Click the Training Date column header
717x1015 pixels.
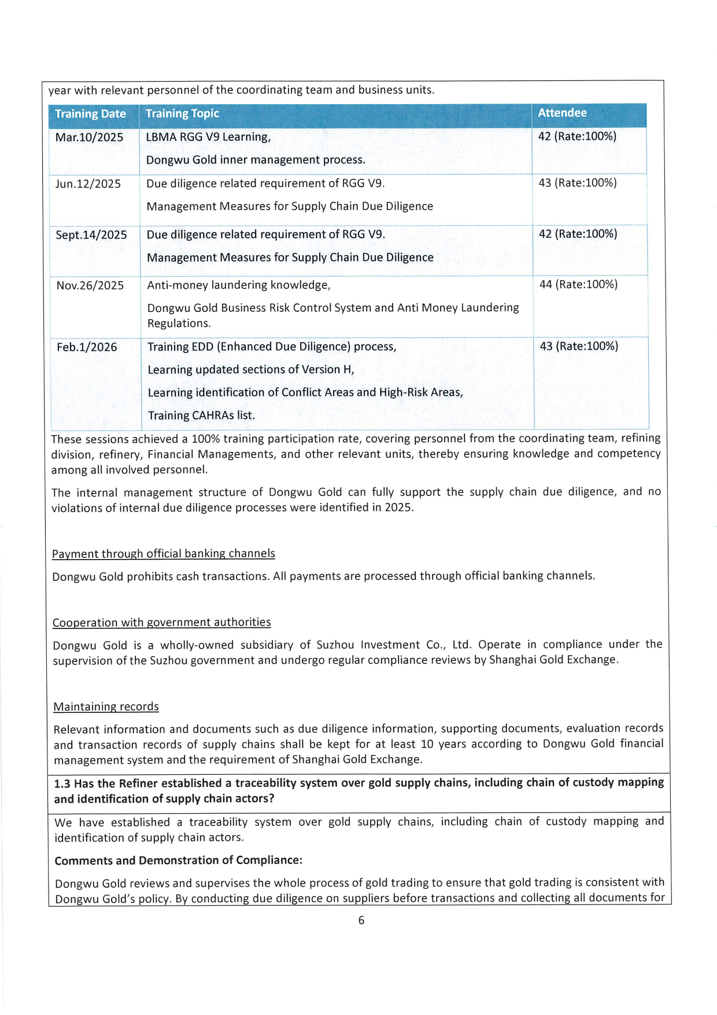(x=90, y=114)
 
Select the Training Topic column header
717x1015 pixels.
(x=182, y=114)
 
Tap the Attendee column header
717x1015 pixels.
(x=562, y=113)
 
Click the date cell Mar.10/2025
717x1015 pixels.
(x=89, y=137)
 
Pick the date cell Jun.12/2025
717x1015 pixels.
(x=88, y=184)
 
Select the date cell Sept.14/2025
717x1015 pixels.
(x=91, y=235)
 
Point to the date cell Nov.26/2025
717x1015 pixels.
(x=90, y=285)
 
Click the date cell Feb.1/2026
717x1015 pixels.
(x=87, y=347)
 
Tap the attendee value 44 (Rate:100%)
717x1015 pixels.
(x=578, y=285)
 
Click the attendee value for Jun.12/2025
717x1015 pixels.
(x=578, y=183)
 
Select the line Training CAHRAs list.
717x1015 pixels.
(x=201, y=415)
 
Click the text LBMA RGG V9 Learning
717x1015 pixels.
(x=208, y=137)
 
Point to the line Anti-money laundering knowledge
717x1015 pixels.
(x=238, y=285)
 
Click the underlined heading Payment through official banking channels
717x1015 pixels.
(x=163, y=554)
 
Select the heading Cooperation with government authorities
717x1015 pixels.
(x=161, y=623)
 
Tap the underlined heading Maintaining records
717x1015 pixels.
(x=106, y=707)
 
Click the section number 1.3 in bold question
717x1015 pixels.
(x=62, y=784)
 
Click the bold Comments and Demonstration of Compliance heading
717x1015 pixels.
(x=178, y=860)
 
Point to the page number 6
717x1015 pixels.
(x=361, y=921)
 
